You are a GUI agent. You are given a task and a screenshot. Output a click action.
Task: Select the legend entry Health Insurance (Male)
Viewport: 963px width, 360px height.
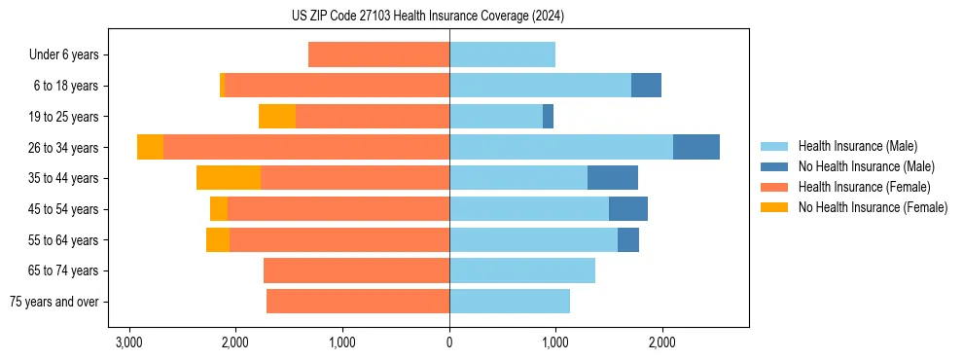857,146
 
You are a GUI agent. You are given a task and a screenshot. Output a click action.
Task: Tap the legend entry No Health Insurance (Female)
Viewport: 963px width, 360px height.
873,207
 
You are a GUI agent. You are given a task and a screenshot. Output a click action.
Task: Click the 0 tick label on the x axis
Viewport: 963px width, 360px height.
449,342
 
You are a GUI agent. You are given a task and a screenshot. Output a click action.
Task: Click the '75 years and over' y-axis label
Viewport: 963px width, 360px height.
54,302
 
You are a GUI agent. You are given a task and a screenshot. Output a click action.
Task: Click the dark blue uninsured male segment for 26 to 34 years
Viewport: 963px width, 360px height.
696,147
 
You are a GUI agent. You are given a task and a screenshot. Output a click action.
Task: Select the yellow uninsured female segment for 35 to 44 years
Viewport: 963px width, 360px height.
229,178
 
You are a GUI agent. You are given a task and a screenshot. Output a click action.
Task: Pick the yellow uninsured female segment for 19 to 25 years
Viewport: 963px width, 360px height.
277,117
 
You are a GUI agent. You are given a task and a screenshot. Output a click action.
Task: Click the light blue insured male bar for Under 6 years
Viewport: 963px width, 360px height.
502,54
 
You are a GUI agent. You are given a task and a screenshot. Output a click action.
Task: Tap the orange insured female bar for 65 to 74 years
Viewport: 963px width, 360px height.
356,270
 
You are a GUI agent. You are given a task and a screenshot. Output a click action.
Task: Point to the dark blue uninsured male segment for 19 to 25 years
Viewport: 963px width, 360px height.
548,117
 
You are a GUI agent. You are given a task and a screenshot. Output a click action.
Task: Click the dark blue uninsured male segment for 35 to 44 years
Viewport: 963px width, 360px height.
613,178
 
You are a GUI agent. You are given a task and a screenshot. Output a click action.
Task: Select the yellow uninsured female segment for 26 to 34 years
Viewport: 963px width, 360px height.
150,147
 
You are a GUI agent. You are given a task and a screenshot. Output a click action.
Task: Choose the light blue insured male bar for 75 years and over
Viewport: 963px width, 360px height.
510,302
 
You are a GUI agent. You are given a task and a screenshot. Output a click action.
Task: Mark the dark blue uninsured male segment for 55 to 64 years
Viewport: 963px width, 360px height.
628,239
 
